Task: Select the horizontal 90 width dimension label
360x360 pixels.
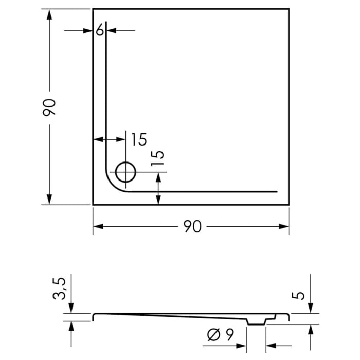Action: pos(191,226)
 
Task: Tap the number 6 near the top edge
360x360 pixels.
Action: pos(100,31)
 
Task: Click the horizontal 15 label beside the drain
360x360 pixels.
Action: pos(137,139)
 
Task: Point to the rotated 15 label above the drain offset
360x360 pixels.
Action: pos(159,158)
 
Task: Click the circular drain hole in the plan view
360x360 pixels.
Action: pos(125,172)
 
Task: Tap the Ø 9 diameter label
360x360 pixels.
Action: pos(221,335)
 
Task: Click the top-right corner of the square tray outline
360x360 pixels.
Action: pos(289,9)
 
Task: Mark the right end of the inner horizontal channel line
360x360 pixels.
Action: pos(276,191)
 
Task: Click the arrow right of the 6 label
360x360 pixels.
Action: pos(113,31)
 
